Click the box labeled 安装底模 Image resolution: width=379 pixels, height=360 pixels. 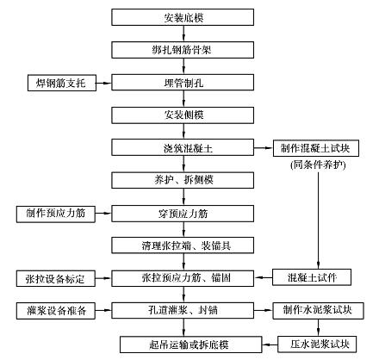(x=183, y=17)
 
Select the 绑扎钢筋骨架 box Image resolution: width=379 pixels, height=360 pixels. (x=183, y=50)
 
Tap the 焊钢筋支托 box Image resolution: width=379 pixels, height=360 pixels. (x=62, y=83)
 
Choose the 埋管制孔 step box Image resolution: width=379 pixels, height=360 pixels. (x=183, y=83)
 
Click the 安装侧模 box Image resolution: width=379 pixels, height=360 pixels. (x=183, y=115)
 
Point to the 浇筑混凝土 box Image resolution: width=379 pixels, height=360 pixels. (x=183, y=147)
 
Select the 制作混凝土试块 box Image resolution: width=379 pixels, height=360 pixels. (x=316, y=148)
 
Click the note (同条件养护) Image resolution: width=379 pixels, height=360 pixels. (x=318, y=164)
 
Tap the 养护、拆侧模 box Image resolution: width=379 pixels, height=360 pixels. (x=183, y=180)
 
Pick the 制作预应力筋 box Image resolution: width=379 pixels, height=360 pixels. (x=56, y=214)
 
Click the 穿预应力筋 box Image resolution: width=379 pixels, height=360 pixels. (x=183, y=214)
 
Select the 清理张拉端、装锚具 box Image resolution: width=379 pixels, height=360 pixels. (x=183, y=245)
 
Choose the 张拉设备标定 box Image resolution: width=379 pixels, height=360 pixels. (x=56, y=278)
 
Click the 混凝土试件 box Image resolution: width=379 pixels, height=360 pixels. (x=312, y=277)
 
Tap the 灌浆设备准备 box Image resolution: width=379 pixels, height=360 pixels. (x=56, y=311)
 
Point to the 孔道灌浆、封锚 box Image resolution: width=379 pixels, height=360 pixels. (x=183, y=310)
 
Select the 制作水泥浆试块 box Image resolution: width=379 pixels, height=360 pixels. (x=318, y=311)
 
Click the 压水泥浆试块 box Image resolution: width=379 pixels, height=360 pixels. (x=317, y=344)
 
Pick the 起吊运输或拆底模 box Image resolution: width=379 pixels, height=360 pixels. (x=191, y=344)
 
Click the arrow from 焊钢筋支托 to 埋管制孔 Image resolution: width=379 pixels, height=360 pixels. (x=103, y=84)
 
